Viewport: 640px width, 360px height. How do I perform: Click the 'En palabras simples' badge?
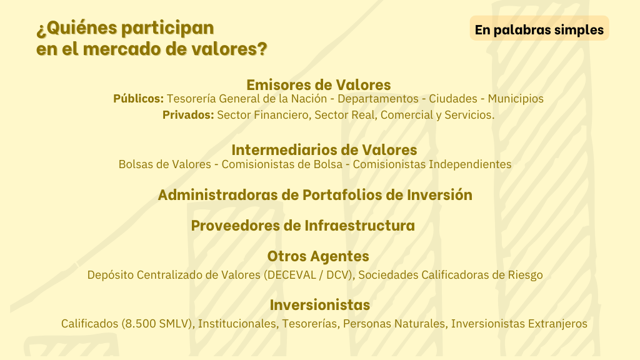coord(539,28)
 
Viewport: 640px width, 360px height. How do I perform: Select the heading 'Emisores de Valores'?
coord(318,85)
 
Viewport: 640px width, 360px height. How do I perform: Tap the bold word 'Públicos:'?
coord(138,99)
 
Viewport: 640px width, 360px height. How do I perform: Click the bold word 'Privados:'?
coord(188,115)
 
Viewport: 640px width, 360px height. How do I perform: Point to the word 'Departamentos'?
coord(378,99)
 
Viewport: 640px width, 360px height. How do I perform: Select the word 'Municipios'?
coord(516,99)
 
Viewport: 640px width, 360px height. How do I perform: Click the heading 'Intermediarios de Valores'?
coord(324,150)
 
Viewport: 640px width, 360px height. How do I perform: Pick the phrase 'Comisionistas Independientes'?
coord(432,164)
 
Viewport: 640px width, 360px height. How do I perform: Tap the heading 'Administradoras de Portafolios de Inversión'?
coord(315,195)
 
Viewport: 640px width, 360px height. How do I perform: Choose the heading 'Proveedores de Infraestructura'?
coord(303,225)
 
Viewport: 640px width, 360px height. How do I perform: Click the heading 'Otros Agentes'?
coord(318,256)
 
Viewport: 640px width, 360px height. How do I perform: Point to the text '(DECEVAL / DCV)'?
coord(309,275)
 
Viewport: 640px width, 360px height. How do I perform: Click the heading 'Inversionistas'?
coord(319,305)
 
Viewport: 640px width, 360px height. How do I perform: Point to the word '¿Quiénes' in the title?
coord(77,28)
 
